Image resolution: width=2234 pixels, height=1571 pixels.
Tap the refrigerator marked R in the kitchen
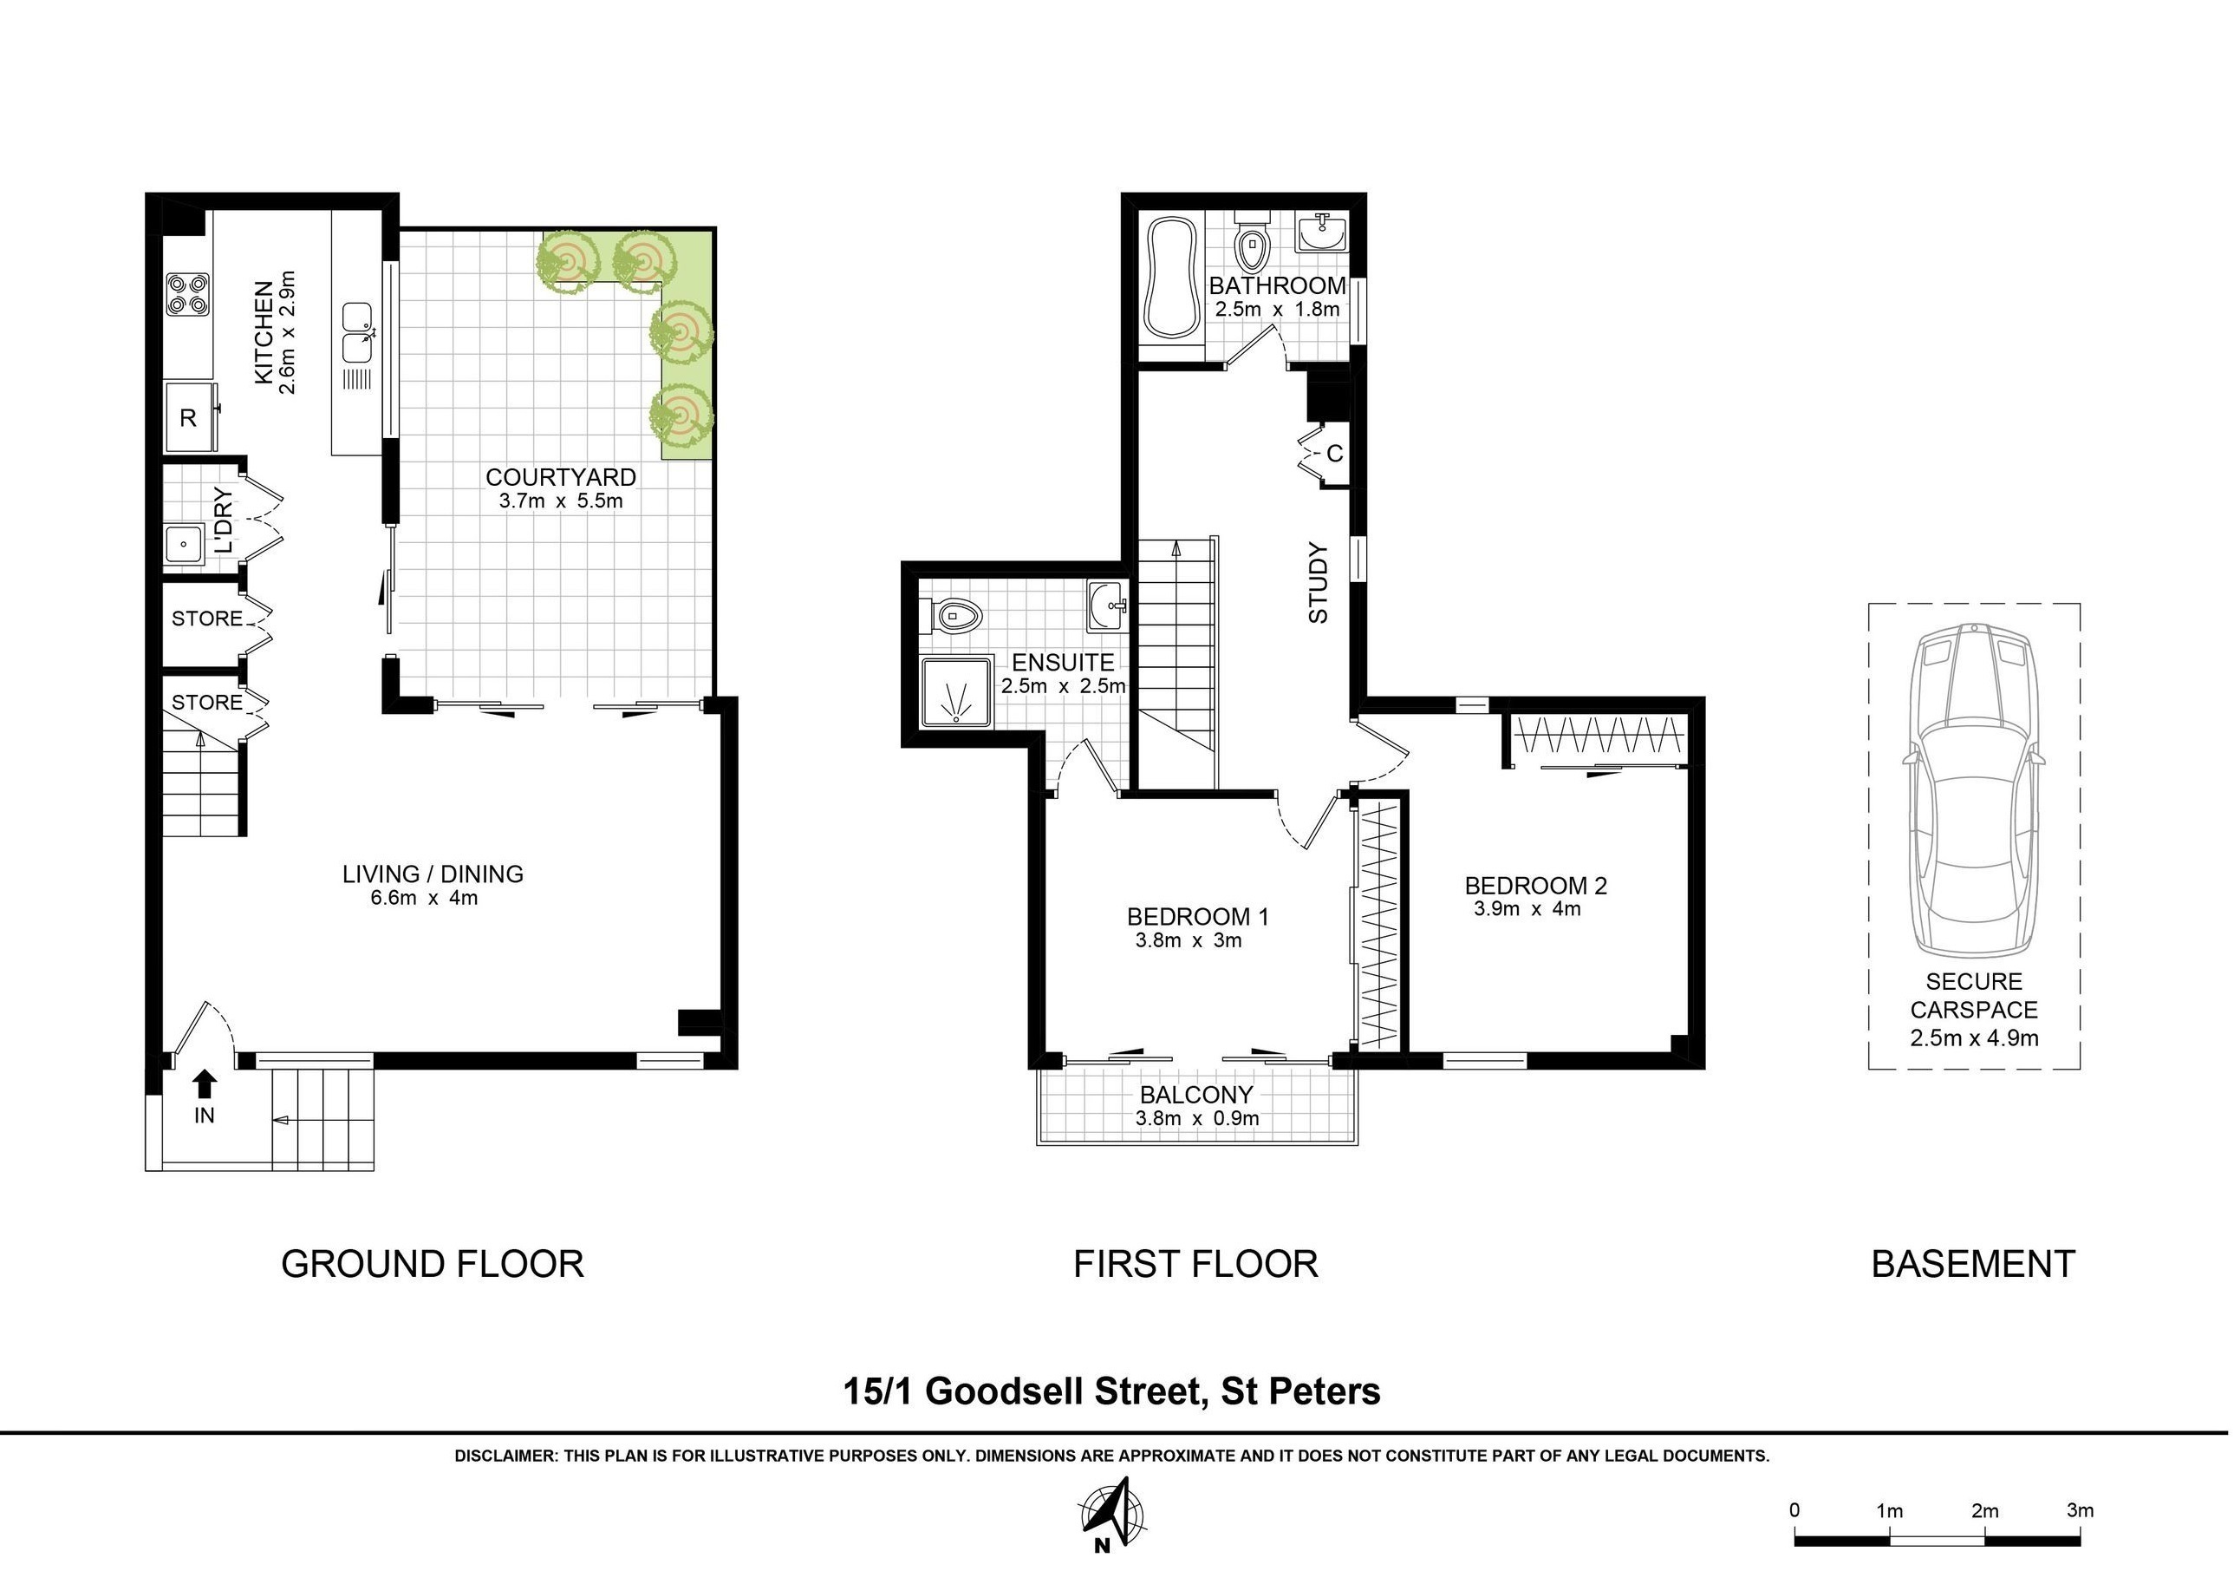coord(189,416)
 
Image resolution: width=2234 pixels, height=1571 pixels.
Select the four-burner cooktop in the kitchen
coord(188,293)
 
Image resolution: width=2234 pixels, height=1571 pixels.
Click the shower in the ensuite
coord(957,691)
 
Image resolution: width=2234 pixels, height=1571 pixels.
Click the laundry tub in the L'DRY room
coord(183,544)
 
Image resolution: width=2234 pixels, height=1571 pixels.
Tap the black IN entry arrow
coord(205,1084)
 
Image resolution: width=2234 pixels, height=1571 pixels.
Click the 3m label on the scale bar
coord(2080,1510)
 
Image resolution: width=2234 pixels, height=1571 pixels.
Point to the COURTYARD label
coord(560,477)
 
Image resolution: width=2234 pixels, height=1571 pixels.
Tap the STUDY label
coord(1318,583)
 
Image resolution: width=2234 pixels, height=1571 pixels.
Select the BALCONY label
coord(1197,1095)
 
